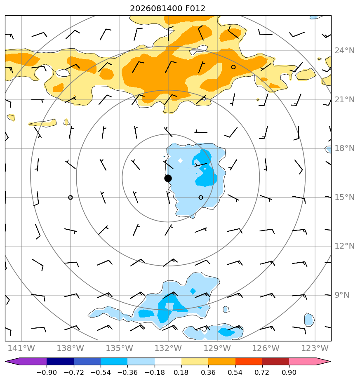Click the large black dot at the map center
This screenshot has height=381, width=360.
coord(168,179)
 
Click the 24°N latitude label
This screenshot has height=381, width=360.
coord(344,51)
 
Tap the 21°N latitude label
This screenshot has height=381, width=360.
coord(344,100)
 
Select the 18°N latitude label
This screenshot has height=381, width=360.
coord(344,148)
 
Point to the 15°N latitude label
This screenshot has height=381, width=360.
coord(344,197)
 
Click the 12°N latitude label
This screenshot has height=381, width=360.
coord(344,246)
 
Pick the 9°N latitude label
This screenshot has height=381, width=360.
coord(342,295)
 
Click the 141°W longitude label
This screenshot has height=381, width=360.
coord(21,348)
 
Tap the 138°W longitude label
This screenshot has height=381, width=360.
coord(70,348)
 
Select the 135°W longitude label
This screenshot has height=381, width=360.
coord(119,348)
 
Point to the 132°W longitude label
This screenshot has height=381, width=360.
coord(168,348)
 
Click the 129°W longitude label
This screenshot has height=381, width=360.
coord(217,348)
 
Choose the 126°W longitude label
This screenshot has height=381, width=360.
coord(266,348)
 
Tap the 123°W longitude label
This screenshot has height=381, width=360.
coord(315,348)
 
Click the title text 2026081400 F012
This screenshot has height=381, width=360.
coord(168,9)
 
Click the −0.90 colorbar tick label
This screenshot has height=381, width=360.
coord(47,372)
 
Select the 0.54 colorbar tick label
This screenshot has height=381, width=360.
coord(235,372)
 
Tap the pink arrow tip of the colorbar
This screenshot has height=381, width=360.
coord(330,362)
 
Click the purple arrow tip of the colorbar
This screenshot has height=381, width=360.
coord(6,362)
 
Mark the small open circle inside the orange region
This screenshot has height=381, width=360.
coord(233,67)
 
